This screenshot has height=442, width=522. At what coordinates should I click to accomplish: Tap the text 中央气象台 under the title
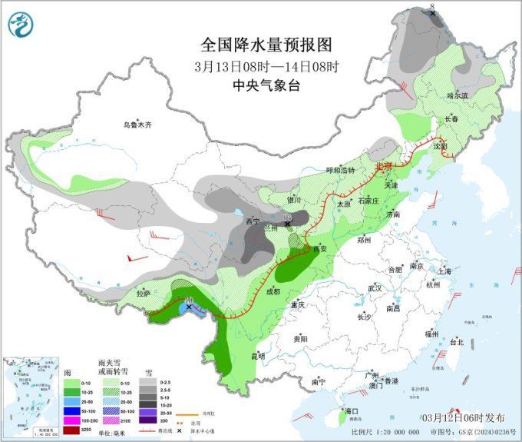261,85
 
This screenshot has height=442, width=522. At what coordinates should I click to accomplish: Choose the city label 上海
442,271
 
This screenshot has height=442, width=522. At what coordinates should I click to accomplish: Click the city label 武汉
375,287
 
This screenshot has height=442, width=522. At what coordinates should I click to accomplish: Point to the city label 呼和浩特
341,170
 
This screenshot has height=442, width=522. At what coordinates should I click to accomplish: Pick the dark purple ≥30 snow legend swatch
142,420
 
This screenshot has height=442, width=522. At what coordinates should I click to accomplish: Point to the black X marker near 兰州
288,224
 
